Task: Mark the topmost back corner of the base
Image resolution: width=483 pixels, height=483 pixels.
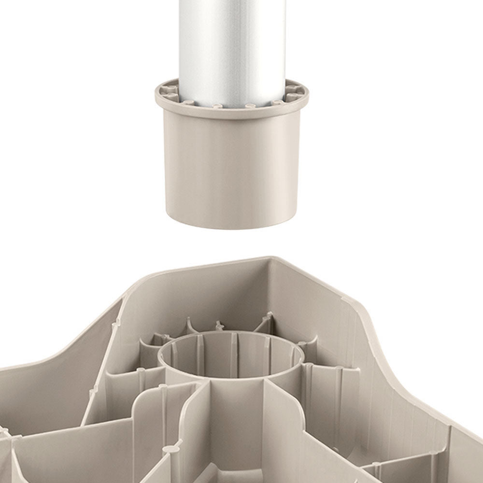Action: (268, 258)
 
